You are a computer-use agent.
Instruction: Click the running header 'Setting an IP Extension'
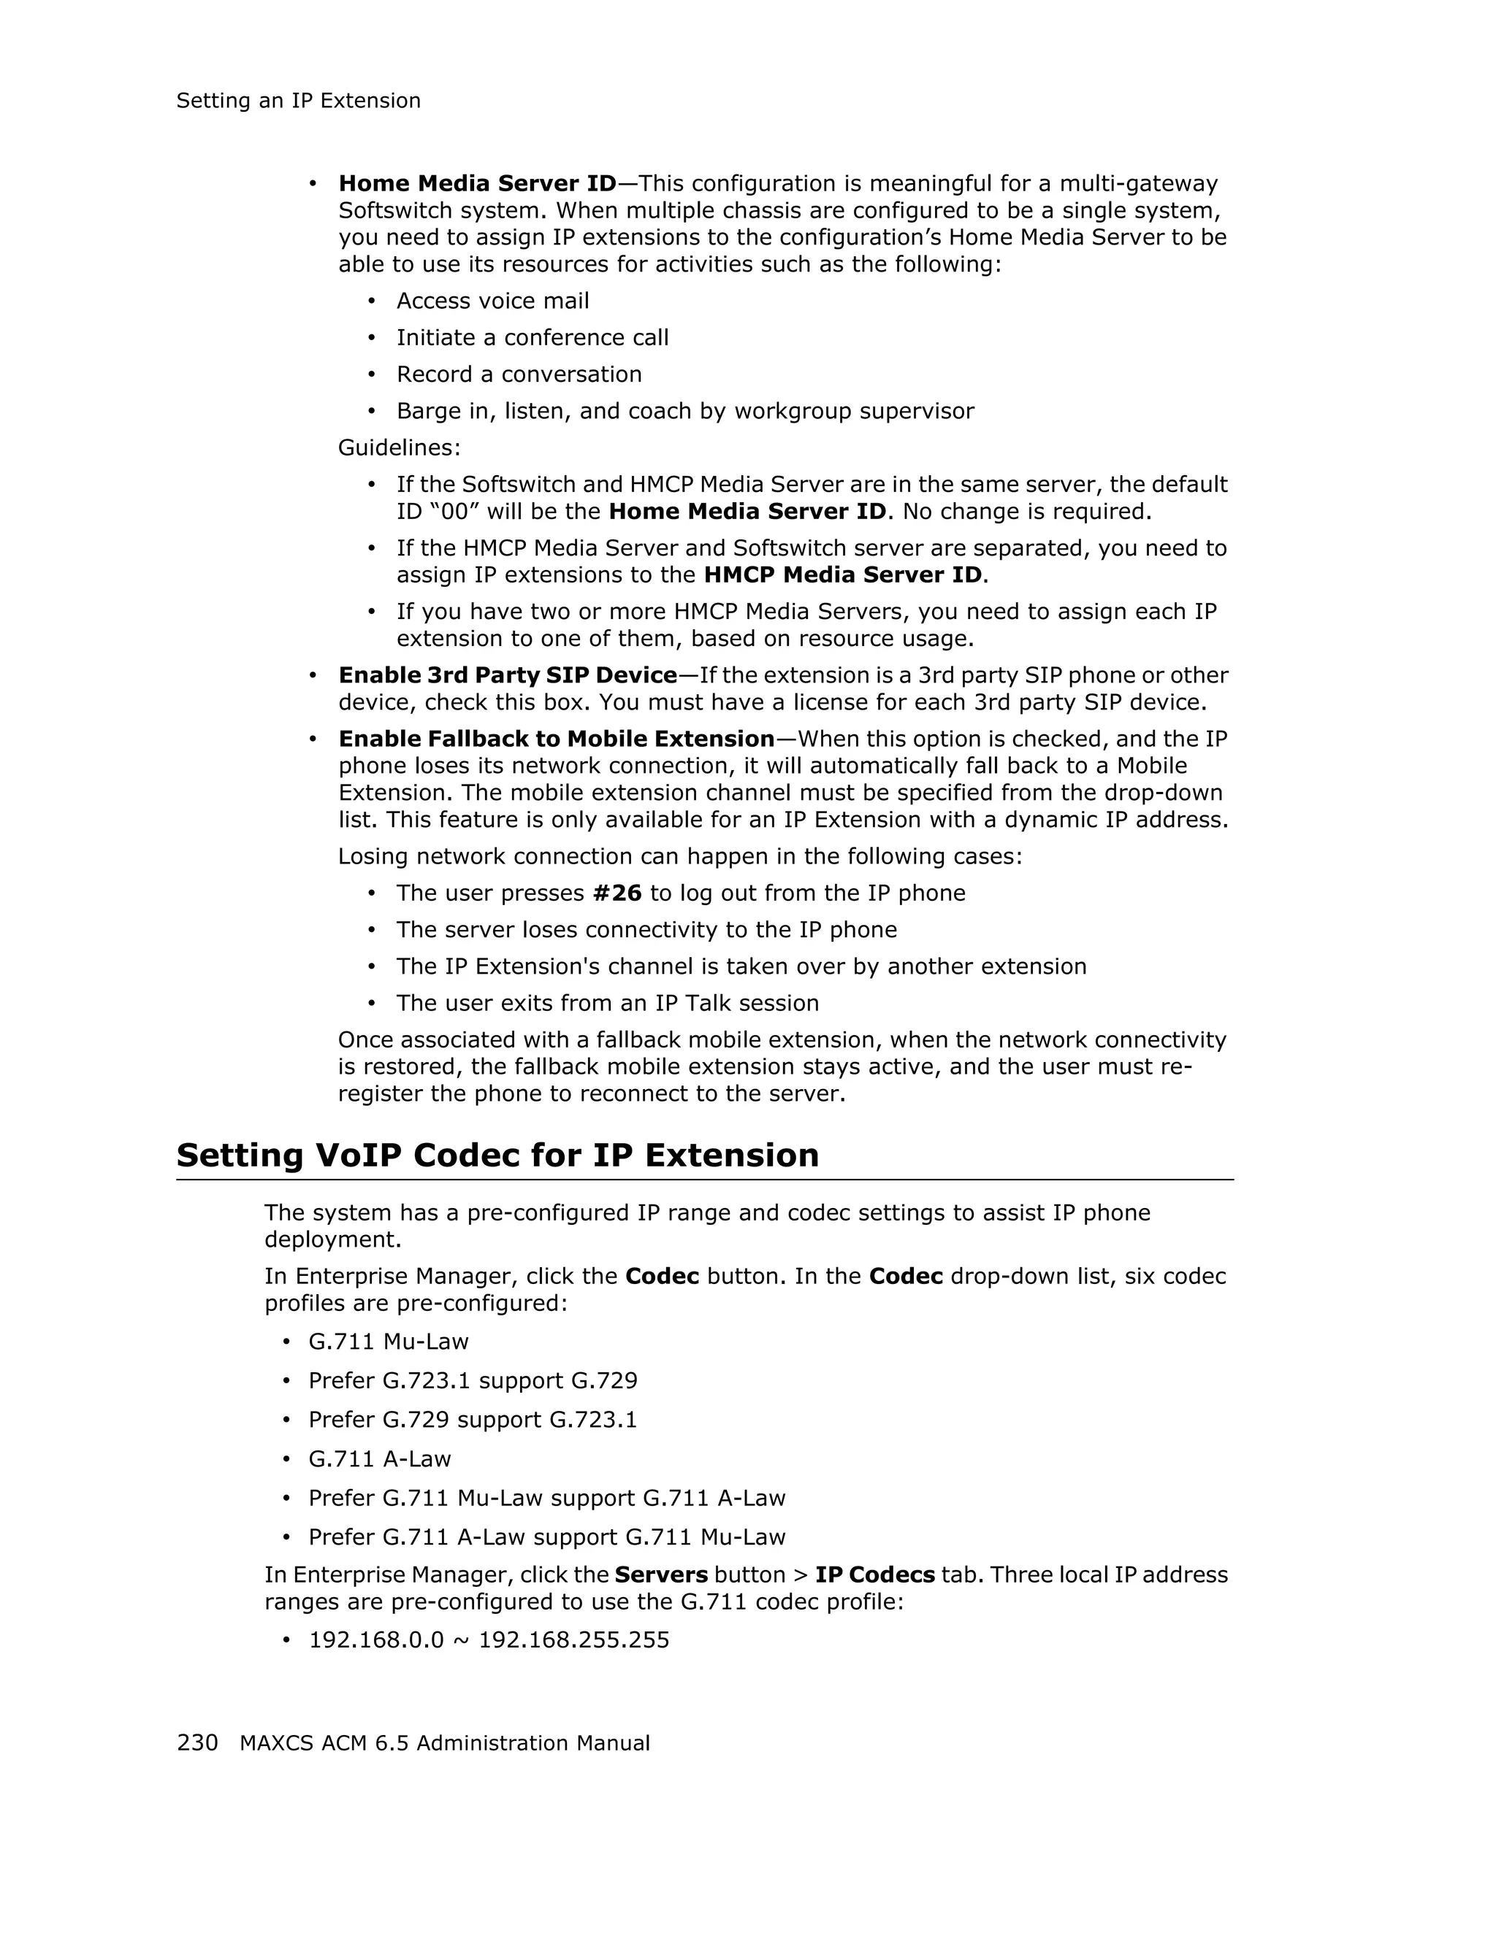[298, 101]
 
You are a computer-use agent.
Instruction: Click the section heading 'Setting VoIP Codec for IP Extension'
[497, 1156]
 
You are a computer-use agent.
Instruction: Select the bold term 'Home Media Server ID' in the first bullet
[477, 184]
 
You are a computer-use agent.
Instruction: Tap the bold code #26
[617, 893]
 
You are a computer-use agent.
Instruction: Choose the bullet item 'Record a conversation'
[519, 374]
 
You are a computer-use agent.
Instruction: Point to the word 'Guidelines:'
[399, 448]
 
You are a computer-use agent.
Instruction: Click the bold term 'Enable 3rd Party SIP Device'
[508, 675]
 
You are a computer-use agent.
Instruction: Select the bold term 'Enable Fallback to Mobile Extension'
[557, 739]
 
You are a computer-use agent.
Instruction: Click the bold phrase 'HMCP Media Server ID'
[842, 575]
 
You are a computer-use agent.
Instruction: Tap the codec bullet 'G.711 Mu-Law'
[388, 1342]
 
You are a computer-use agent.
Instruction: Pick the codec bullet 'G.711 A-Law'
[379, 1459]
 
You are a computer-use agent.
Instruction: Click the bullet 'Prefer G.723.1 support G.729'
[473, 1381]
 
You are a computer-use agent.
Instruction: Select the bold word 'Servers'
[660, 1575]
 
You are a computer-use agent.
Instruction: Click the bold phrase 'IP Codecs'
[874, 1575]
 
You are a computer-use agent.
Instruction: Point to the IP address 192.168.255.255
[573, 1640]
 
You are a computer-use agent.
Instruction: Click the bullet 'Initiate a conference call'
[532, 338]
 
